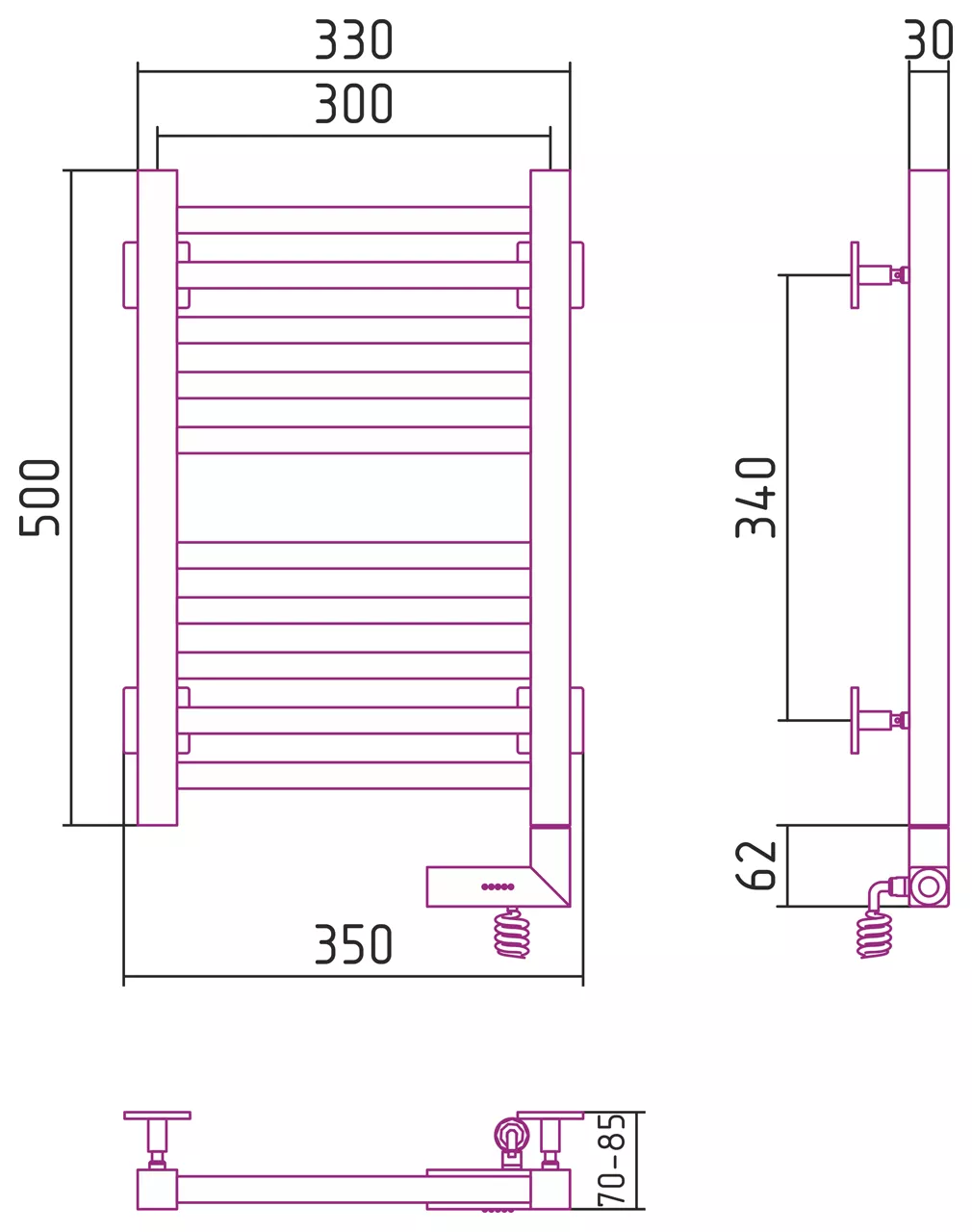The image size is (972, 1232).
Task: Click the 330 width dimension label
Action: [x=354, y=39]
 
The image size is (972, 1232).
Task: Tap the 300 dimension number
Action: [x=354, y=104]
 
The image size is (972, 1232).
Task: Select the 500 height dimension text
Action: [x=38, y=498]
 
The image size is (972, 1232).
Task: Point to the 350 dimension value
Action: [x=354, y=944]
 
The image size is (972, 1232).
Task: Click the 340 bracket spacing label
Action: [x=755, y=498]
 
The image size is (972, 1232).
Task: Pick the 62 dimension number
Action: [x=755, y=865]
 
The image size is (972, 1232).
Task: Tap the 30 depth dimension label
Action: [x=929, y=39]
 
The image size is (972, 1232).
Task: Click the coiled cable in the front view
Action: [x=512, y=934]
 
